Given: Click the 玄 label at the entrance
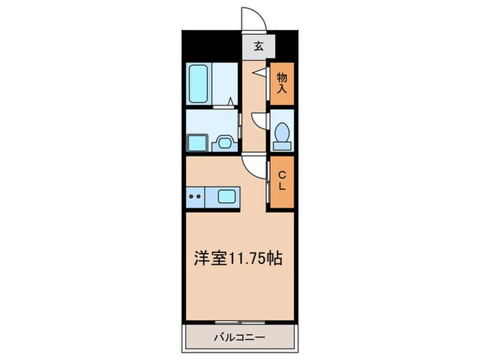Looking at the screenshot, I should (x=259, y=47).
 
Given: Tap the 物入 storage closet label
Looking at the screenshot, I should (x=281, y=84).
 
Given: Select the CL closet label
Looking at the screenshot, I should (x=281, y=182).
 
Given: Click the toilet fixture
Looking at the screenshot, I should (x=281, y=135).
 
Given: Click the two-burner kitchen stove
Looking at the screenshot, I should (x=195, y=197).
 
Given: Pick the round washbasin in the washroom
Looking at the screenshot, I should (x=224, y=143).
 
